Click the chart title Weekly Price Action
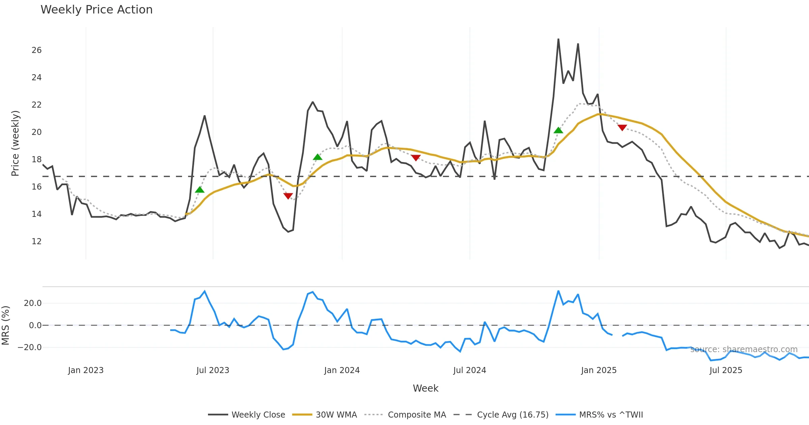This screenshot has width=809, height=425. click(x=96, y=10)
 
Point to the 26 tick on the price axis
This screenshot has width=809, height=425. click(x=36, y=50)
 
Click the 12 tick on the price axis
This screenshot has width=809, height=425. click(x=36, y=242)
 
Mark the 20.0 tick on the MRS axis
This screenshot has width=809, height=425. click(x=33, y=303)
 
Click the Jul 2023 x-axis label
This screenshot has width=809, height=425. click(x=213, y=370)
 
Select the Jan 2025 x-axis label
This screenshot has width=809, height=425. click(x=599, y=370)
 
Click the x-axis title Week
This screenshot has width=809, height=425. click(x=425, y=389)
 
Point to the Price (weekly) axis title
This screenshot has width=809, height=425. click(x=16, y=143)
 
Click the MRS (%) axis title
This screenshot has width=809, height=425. click(x=6, y=325)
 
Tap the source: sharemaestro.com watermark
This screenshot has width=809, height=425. click(x=744, y=349)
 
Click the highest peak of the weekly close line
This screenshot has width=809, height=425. click(x=558, y=39)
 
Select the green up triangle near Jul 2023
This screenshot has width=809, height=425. click(x=200, y=190)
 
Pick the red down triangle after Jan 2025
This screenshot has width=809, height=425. click(x=622, y=128)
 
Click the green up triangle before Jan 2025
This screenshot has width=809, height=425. click(x=558, y=130)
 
